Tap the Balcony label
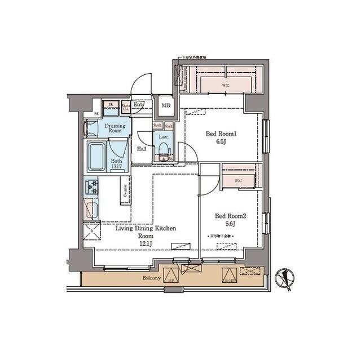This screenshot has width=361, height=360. tap(151, 278)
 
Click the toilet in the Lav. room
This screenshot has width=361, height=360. tap(164, 150)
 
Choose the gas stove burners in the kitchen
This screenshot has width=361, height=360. tap(91, 188)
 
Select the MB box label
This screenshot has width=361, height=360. tap(166, 105)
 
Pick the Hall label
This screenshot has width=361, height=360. tap(142, 149)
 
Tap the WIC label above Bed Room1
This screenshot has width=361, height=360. tap(226, 86)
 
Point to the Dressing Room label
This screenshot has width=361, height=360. tap(115, 127)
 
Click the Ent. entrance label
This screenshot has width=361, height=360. tap(138, 104)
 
